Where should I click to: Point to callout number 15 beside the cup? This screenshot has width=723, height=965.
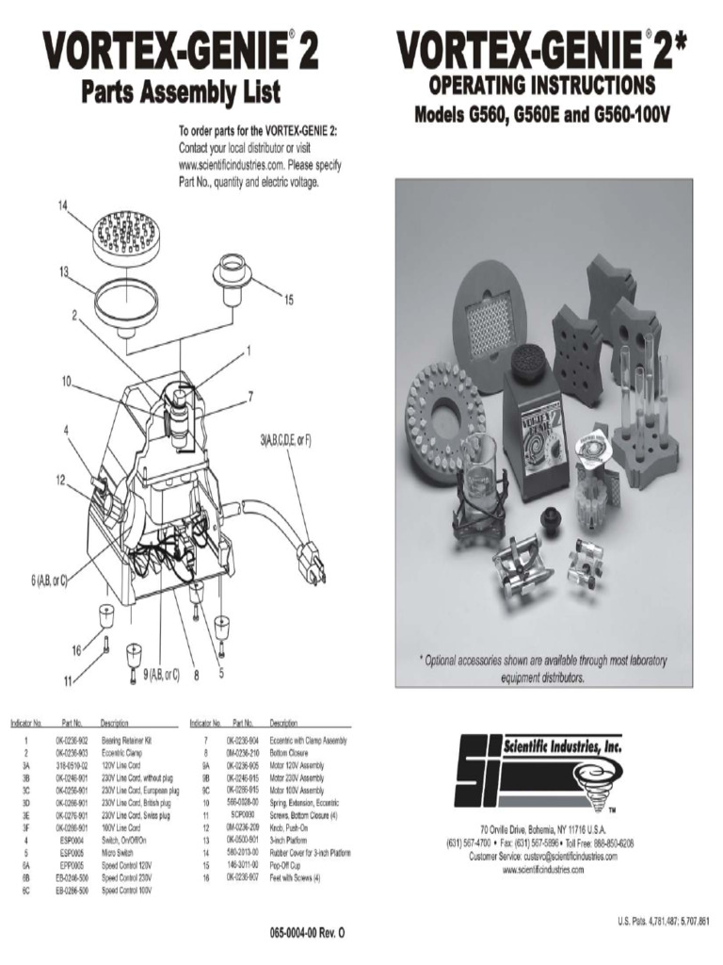[288, 300]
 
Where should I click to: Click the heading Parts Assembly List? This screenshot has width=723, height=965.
[181, 93]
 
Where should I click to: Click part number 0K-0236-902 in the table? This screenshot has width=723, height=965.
[72, 742]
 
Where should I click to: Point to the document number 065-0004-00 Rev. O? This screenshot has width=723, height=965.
[307, 931]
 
